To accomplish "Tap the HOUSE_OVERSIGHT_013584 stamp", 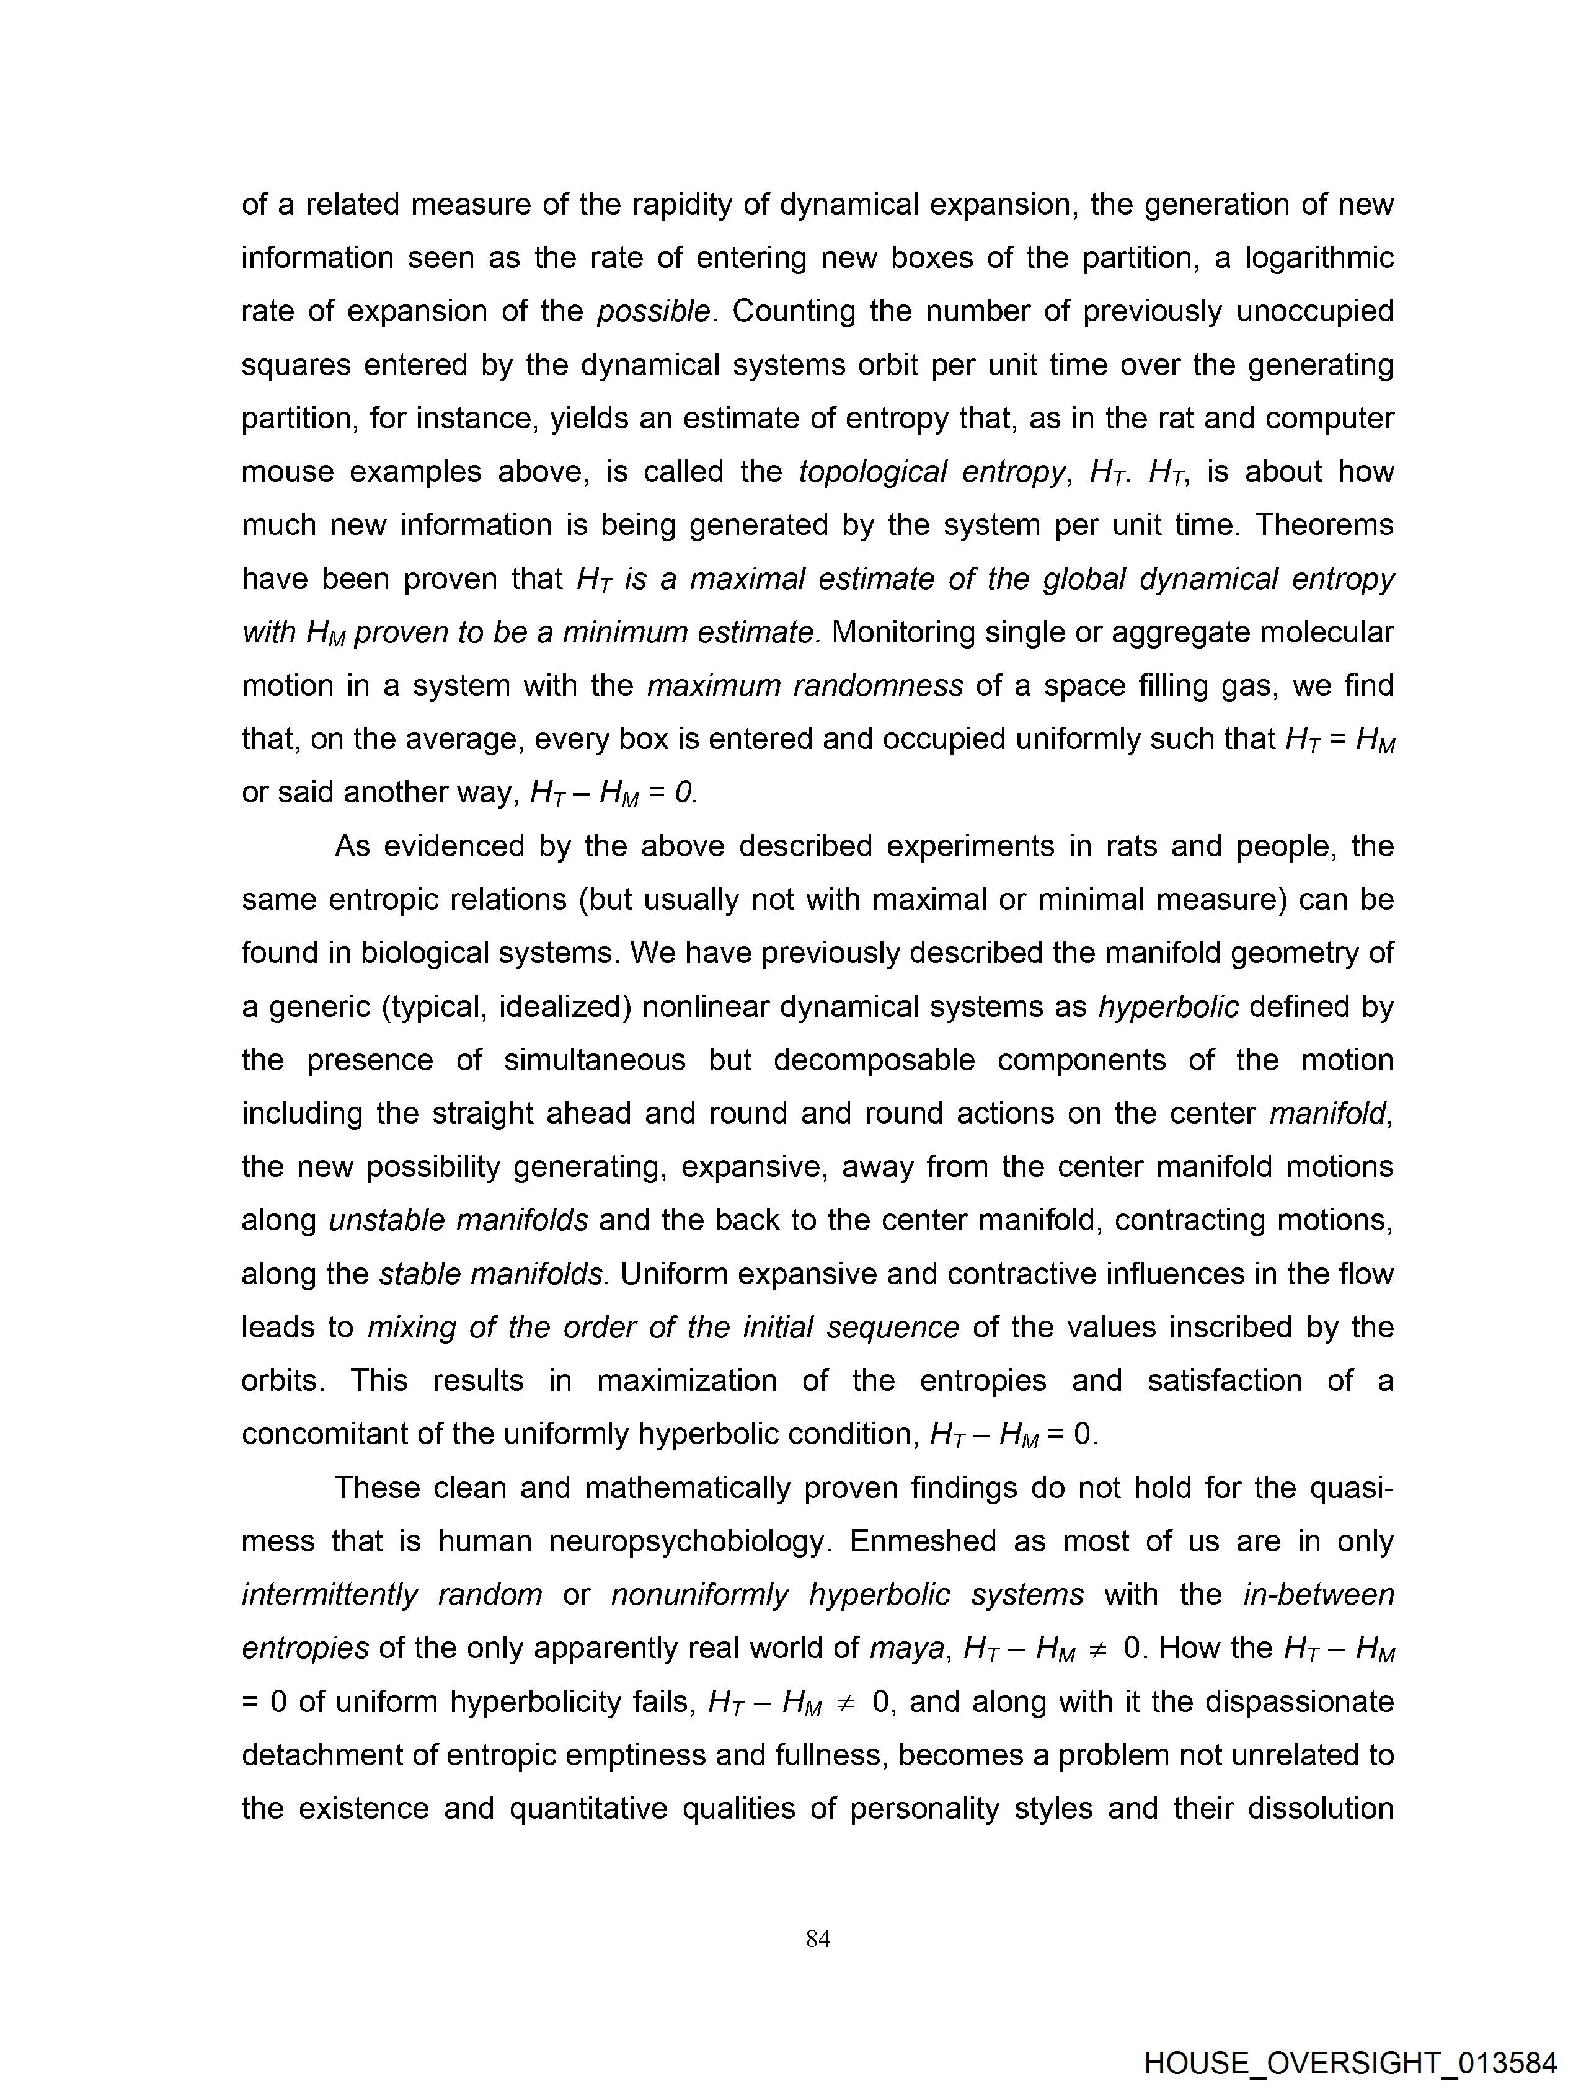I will (x=1350, y=2062).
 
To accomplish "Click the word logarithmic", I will (x=1319, y=258).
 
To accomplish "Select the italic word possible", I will (x=653, y=312).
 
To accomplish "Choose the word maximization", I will (x=686, y=1381).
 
